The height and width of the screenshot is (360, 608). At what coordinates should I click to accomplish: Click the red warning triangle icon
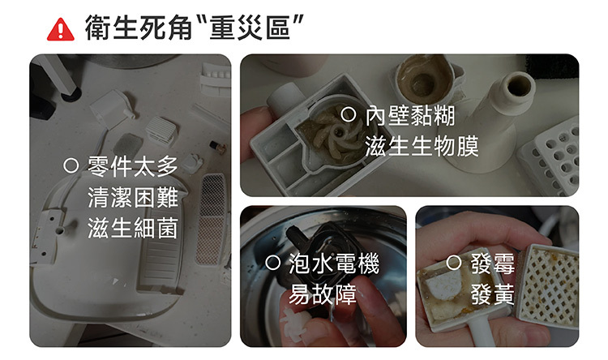[61, 30]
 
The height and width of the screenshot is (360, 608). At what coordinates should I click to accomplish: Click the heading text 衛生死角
[139, 28]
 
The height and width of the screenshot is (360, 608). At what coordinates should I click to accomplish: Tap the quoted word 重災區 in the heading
[250, 28]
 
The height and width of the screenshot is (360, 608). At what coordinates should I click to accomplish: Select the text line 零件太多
[133, 166]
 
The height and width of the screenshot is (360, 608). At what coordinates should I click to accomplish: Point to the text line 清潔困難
[133, 197]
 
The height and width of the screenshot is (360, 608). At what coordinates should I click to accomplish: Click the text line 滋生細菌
[133, 228]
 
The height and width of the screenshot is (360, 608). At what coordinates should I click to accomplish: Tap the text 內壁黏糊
[410, 116]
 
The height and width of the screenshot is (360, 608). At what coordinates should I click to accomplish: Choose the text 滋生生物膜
[422, 146]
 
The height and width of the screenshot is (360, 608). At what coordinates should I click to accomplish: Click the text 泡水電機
[333, 264]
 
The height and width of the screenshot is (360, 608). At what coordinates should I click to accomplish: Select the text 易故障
[322, 294]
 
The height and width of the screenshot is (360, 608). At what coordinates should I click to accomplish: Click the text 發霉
[492, 264]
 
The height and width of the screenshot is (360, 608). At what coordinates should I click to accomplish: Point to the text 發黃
[492, 294]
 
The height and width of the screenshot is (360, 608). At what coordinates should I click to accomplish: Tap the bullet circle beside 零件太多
[71, 165]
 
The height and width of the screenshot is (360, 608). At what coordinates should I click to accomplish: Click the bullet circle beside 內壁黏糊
[349, 114]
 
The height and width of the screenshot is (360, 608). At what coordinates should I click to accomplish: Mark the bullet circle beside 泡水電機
[272, 263]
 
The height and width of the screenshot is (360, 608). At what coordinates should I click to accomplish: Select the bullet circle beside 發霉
[454, 263]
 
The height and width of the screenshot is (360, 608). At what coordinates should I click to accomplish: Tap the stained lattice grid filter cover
[549, 285]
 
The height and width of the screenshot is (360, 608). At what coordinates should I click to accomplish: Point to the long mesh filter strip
[211, 218]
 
